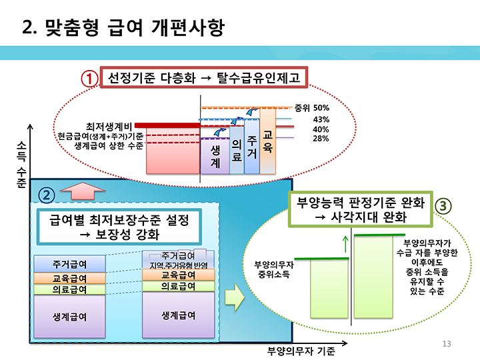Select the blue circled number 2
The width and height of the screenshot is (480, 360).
(45, 195)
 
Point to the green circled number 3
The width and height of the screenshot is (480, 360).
(443, 205)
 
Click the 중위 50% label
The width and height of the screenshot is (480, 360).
(312, 107)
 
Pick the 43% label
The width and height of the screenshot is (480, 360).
(321, 119)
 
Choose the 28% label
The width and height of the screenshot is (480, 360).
(321, 138)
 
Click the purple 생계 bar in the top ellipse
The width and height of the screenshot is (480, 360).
(215, 156)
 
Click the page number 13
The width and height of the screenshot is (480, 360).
(447, 343)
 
